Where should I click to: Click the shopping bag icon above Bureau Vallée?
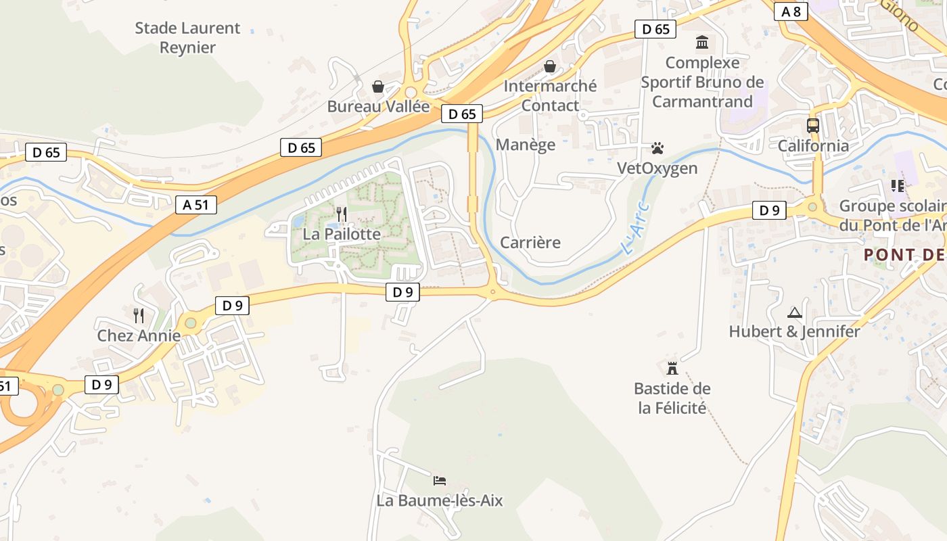point(378,87)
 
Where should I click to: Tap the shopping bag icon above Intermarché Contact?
point(550,66)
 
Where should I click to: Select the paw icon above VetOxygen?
point(657,148)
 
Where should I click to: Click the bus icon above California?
point(812,125)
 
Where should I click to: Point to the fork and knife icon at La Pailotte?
point(341,214)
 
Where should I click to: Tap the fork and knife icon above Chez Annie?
point(139,315)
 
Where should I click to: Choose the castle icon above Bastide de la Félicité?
point(672,368)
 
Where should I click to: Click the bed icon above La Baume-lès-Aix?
point(440,481)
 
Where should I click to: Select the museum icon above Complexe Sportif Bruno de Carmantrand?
point(702,43)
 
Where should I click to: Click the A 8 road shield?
point(791,11)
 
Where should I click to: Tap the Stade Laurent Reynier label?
point(187,38)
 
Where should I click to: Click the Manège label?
point(526,145)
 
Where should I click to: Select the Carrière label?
point(530,243)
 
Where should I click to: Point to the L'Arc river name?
point(635,229)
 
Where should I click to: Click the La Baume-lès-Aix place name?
point(440,501)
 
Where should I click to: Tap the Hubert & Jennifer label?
point(794,332)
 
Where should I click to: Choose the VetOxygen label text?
point(657,168)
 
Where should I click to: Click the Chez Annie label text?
point(139,336)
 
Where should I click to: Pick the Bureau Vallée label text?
point(378,107)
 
